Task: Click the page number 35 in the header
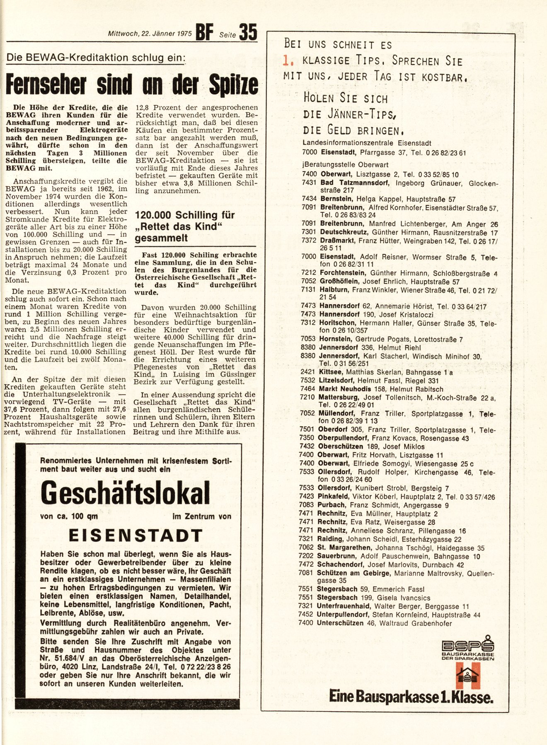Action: coord(248,32)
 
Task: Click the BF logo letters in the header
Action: coord(204,33)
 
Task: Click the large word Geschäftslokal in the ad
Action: coord(125,493)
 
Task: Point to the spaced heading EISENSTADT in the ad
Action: coord(136,536)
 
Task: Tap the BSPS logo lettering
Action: coord(468,646)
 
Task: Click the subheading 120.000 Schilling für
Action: coord(185,215)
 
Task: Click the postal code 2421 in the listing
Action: coord(308,372)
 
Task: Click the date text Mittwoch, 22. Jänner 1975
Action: coord(150,34)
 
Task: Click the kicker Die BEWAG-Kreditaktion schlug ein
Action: coord(95,58)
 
